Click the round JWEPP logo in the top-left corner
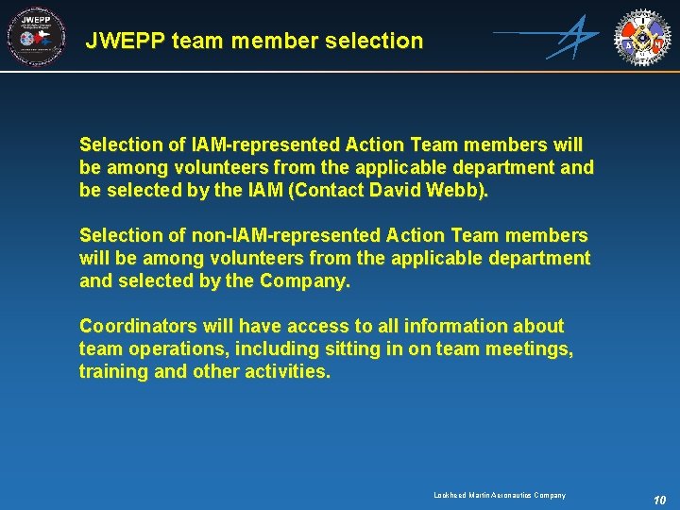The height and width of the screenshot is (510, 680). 36,38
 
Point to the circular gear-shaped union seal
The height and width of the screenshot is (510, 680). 643,37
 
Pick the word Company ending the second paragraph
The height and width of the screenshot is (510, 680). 305,280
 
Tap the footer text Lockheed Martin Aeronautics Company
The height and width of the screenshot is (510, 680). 500,495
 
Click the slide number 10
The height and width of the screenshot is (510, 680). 659,499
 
